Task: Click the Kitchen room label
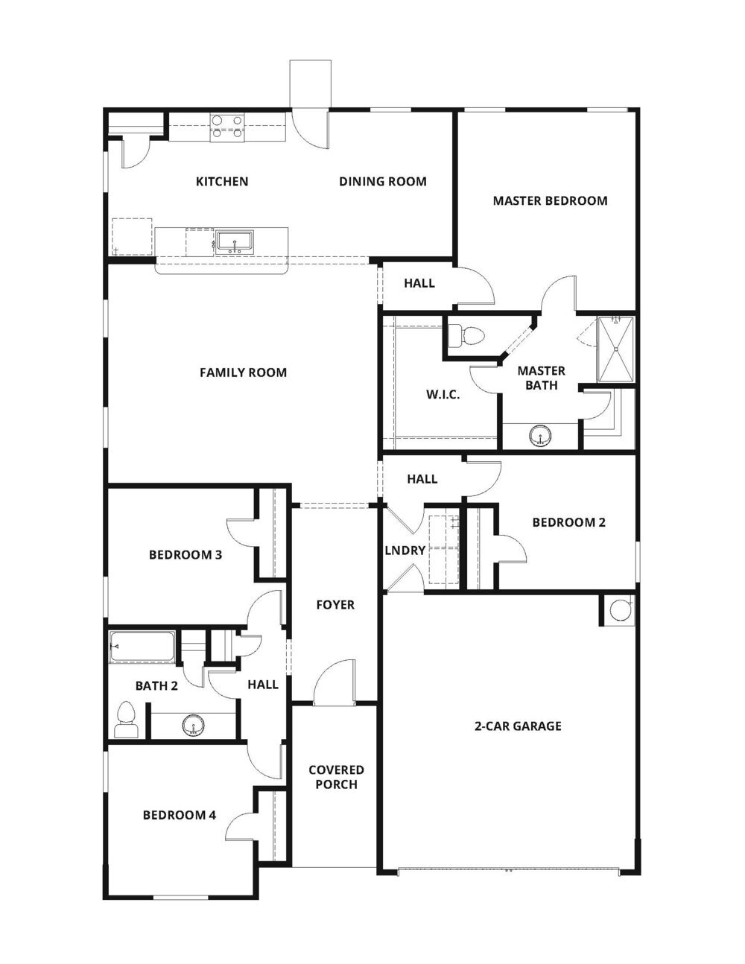[221, 181]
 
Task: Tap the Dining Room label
[382, 181]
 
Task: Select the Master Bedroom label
[550, 200]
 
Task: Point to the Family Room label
[243, 372]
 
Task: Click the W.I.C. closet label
[443, 395]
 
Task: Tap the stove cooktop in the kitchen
[227, 127]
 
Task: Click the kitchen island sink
[235, 242]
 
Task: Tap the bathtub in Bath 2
[142, 647]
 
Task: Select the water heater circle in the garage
[618, 610]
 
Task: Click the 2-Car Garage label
[518, 726]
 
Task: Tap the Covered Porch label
[336, 777]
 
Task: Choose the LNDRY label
[405, 551]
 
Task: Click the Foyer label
[335, 605]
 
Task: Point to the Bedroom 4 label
[180, 815]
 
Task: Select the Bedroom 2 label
[568, 522]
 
